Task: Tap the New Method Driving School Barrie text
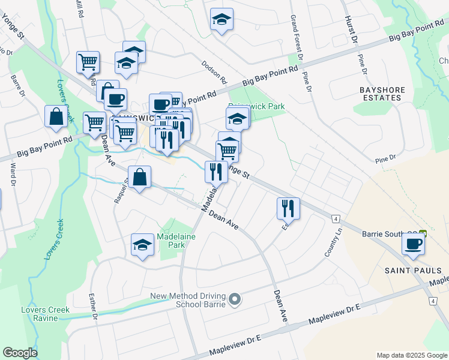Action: pyautogui.click(x=187, y=300)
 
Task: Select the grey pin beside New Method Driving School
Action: pyautogui.click(x=235, y=298)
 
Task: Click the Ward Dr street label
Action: pyautogui.click(x=12, y=175)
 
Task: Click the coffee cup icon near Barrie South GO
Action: pyautogui.click(x=413, y=244)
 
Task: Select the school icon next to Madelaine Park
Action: pyautogui.click(x=142, y=244)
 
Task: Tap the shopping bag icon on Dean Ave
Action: pyautogui.click(x=139, y=177)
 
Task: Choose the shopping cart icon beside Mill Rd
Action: pyautogui.click(x=88, y=61)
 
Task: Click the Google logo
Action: pyautogui.click(x=20, y=353)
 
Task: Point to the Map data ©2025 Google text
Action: pyautogui.click(x=411, y=355)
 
